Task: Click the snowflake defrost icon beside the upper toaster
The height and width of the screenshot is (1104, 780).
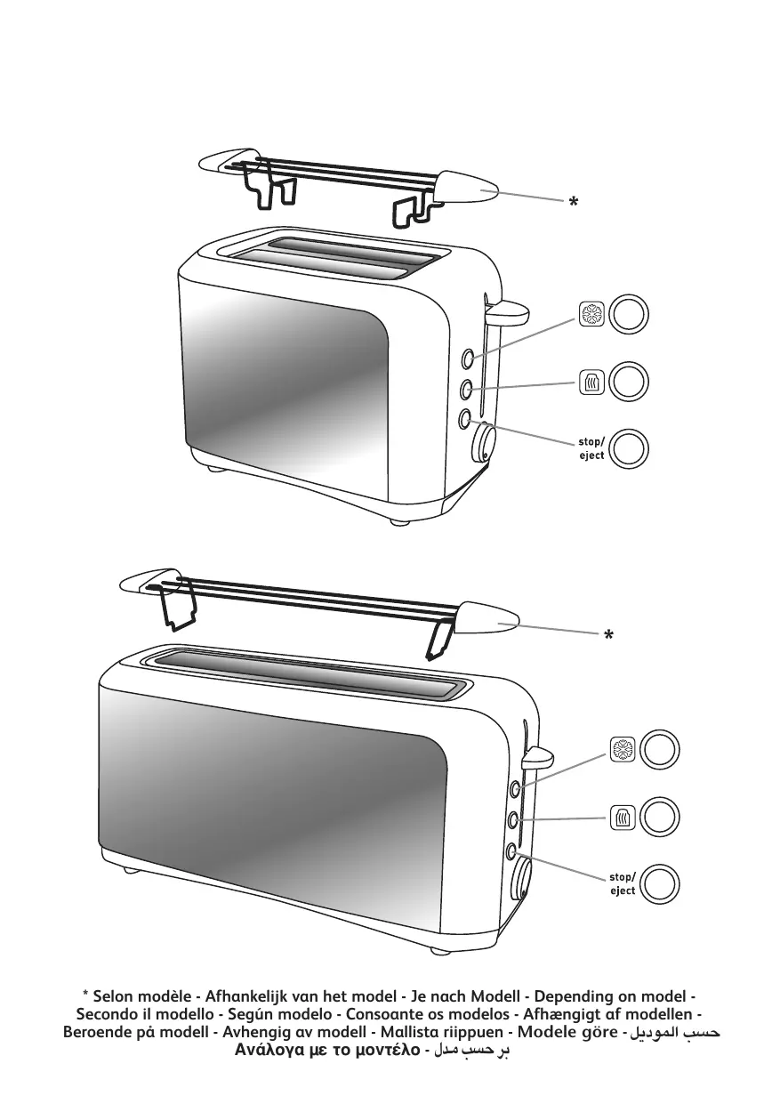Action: click(x=591, y=314)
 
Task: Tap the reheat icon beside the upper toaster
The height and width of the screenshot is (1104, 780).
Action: click(x=591, y=382)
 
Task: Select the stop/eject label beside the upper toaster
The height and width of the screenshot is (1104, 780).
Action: click(x=591, y=448)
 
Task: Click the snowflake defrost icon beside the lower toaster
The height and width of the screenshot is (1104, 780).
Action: click(x=623, y=750)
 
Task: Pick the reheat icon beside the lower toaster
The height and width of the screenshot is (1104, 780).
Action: click(x=623, y=818)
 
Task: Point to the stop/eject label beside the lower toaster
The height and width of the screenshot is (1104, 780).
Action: click(x=623, y=884)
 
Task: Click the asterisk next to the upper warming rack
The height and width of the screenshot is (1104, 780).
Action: click(x=573, y=201)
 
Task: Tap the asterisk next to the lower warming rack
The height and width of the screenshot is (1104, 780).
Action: click(x=609, y=634)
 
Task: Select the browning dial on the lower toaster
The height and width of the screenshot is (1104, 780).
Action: click(x=521, y=878)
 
